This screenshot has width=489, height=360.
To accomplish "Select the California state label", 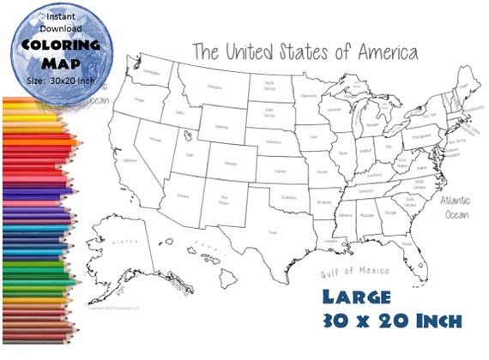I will (x=130, y=160).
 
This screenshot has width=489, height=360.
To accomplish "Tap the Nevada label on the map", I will (x=156, y=138).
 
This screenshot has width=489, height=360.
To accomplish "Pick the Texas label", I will (x=273, y=231).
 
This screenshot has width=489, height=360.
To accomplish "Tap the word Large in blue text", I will (x=355, y=297).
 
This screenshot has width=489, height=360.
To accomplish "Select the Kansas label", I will (x=280, y=172).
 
